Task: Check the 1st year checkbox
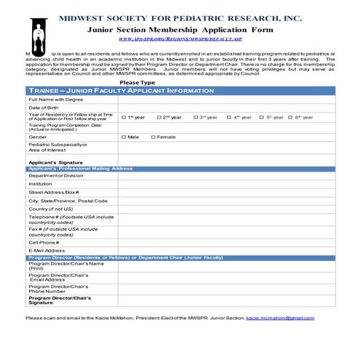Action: click(124, 117)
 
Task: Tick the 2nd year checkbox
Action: click(159, 117)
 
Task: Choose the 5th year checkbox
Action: click(261, 117)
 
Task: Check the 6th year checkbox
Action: click(290, 117)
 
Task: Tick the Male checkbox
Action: click(124, 137)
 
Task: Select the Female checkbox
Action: click(153, 137)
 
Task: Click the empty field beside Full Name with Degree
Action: click(225, 99)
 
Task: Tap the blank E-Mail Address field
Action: click(225, 251)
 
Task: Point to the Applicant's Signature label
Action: click(55, 161)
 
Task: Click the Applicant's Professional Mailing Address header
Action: click(80, 169)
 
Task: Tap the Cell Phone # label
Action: click(44, 242)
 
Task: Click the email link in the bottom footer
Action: click(280, 318)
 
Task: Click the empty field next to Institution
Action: click(225, 184)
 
